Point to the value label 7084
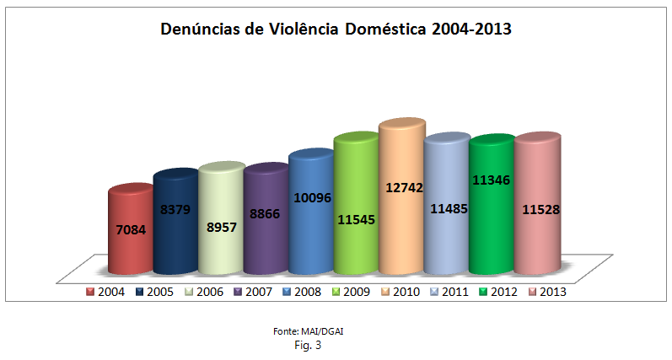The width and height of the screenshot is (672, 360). point(131,229)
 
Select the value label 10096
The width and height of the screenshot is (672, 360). point(311,199)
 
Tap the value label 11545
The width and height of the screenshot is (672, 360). point(356,220)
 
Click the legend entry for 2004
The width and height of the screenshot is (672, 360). point(105,292)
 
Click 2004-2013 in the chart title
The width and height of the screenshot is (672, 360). point(471,30)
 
